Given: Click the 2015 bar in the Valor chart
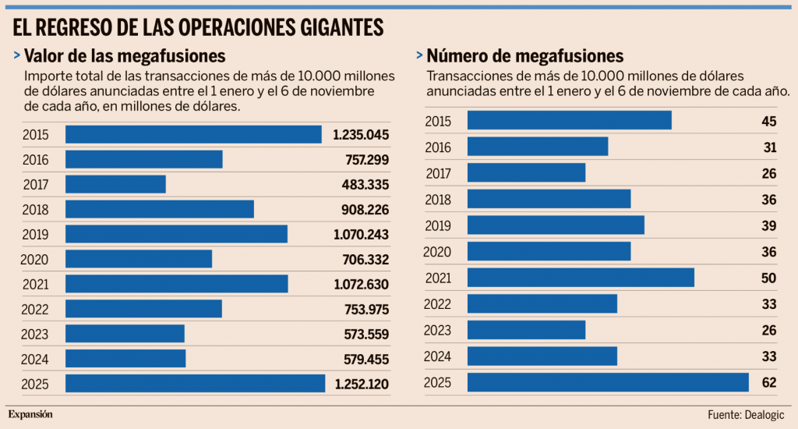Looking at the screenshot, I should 193,135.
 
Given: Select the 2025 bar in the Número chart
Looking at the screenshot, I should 608,382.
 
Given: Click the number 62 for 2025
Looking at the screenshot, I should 769,382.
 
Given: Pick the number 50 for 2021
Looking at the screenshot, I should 769,278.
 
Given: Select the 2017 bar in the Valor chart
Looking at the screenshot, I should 115,185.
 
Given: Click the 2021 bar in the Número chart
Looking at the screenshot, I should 581,278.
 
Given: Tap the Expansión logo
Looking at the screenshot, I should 31,414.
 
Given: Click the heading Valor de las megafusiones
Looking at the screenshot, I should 125,56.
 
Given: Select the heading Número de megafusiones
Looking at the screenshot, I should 524,56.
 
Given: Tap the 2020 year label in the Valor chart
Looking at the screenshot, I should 36,260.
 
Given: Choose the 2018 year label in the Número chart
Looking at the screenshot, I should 438,200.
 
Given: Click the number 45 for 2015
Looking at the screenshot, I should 769,121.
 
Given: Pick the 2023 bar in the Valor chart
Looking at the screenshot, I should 125,335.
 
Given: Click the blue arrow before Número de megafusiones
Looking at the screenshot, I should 419,56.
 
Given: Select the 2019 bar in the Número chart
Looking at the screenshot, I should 556,225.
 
